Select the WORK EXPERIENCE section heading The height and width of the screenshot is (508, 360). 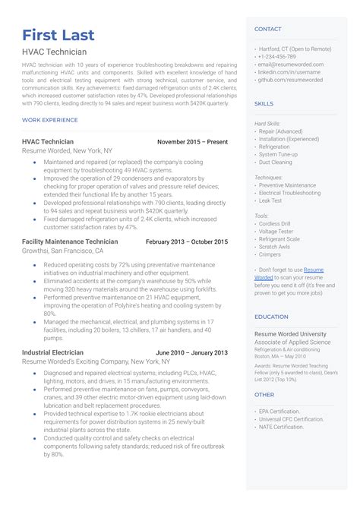coord(50,120)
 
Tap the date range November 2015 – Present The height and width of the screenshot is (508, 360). coord(192,142)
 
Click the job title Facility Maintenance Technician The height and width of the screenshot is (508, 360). coord(70,241)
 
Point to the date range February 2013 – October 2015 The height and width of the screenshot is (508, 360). coord(186,241)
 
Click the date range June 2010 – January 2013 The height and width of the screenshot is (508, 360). coord(191,353)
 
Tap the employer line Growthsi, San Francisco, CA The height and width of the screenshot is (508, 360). coord(63,251)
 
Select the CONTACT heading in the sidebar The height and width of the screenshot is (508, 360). coord(267,29)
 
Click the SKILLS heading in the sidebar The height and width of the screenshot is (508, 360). coord(264,103)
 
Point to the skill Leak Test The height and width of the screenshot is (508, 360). coord(270,200)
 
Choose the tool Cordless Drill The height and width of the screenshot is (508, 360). coord(276,223)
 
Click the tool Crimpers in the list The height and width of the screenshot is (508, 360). coord(270,254)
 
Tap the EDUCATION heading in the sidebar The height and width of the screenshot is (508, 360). coord(271,317)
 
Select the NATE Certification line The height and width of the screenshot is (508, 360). coord(282,427)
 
